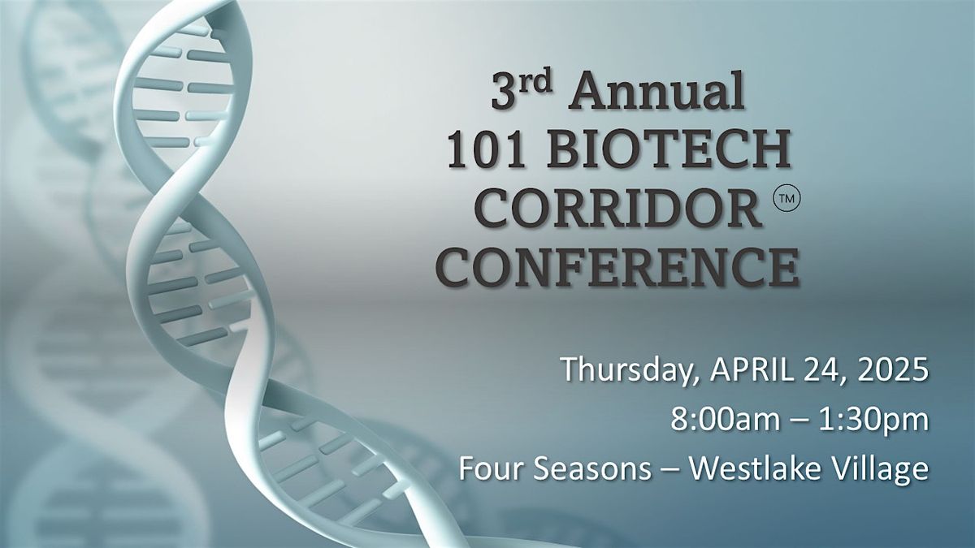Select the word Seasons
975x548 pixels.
pyautogui.click(x=572, y=470)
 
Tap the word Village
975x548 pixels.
pyautogui.click(x=887, y=470)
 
